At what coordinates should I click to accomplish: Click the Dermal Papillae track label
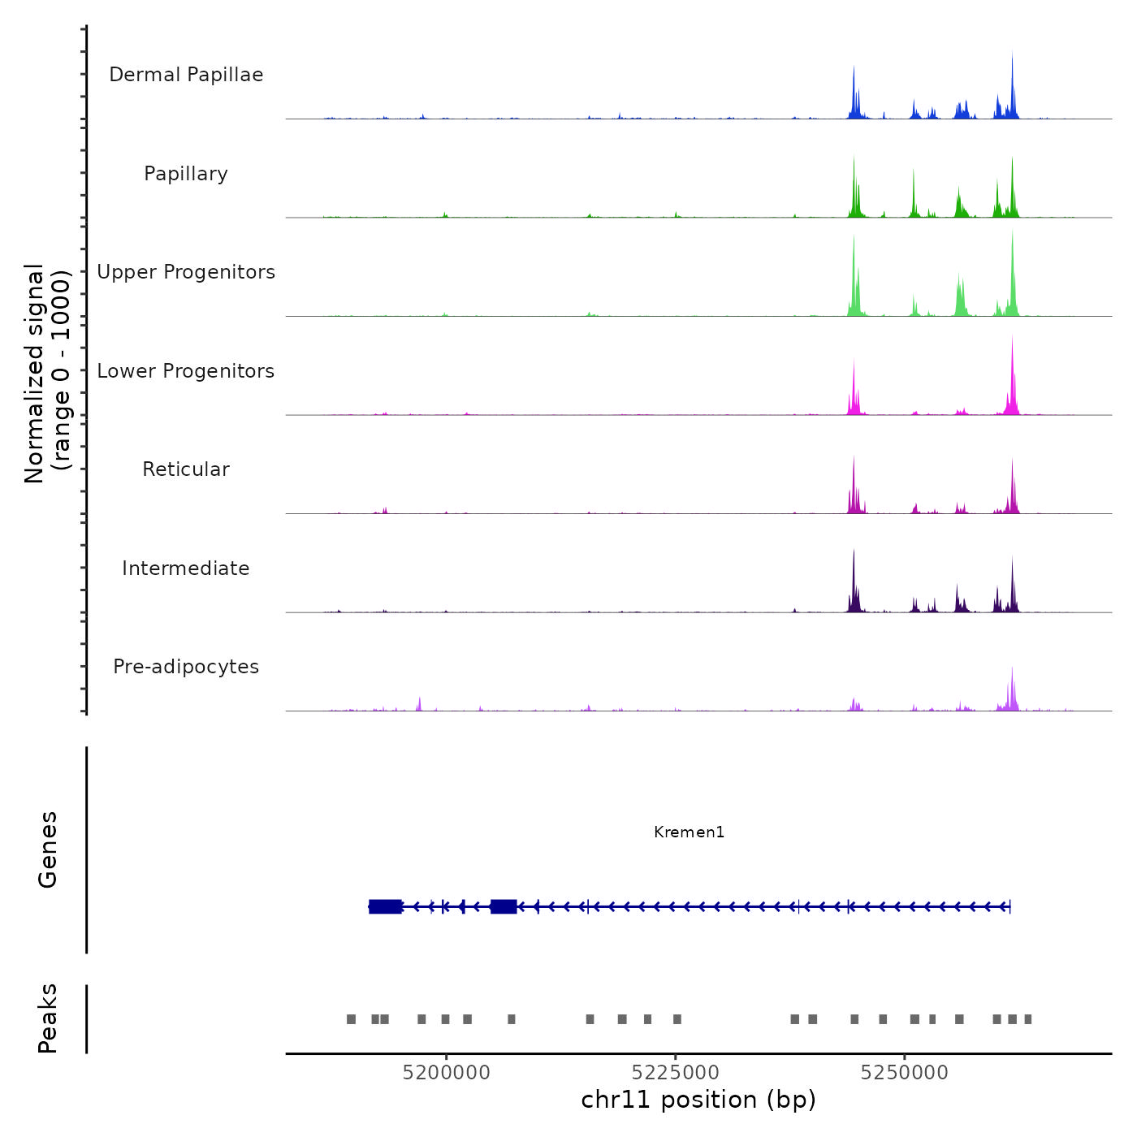coord(186,75)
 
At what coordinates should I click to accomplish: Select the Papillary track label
coord(186,174)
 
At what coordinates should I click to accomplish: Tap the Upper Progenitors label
coord(186,272)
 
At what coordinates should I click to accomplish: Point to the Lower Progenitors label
coord(186,371)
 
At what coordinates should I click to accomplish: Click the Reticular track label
coord(186,469)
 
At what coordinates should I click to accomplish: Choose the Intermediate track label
coord(186,568)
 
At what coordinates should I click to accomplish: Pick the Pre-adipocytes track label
coord(186,667)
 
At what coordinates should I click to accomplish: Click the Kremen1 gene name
coord(689,832)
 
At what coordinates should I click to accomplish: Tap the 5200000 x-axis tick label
coord(446,1073)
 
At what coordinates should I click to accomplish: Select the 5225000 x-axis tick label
coord(676,1073)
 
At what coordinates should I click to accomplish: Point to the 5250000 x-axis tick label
coord(905,1073)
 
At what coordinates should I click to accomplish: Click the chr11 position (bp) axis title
coord(698,1100)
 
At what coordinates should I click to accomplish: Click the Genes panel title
coord(48,850)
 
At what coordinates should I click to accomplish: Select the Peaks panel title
coord(48,1018)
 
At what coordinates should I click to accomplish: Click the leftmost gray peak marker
coord(351,1019)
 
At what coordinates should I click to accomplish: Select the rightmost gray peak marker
coord(1028,1019)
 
